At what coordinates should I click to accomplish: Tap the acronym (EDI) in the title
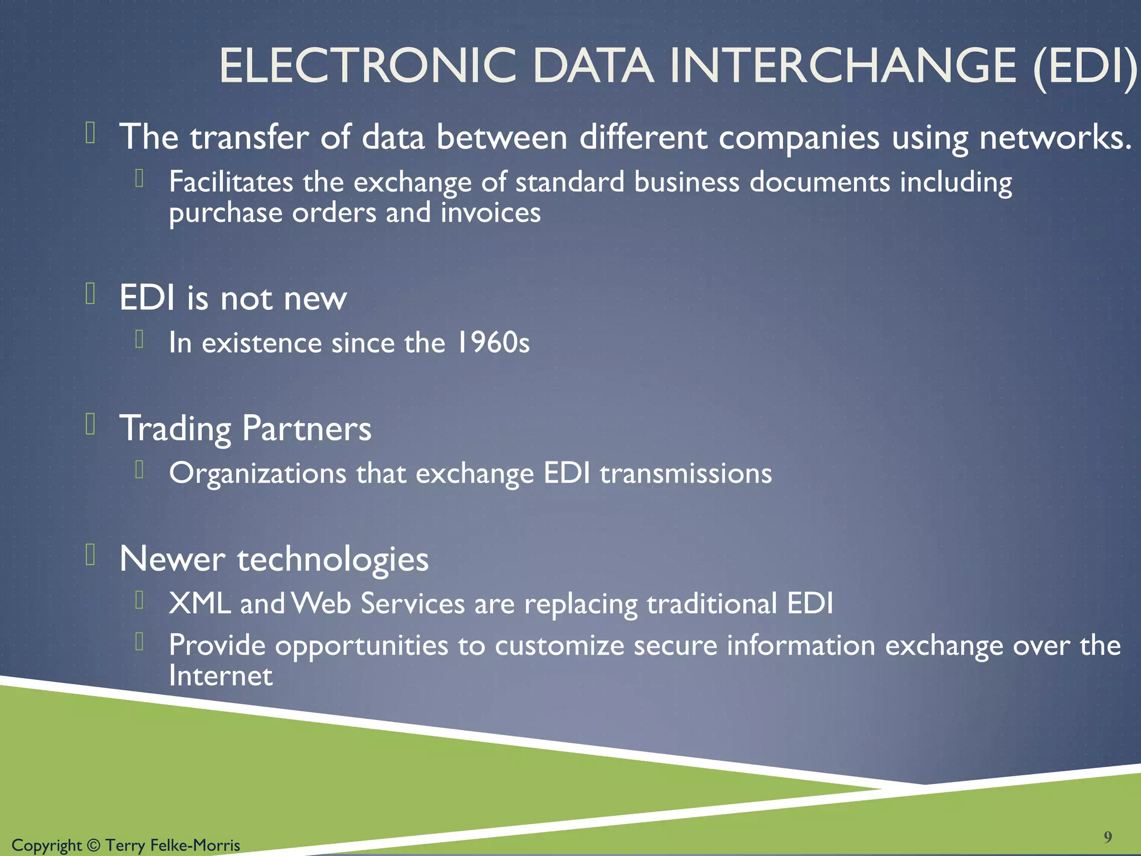[x=1085, y=67]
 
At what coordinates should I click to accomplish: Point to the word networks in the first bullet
[x=1055, y=137]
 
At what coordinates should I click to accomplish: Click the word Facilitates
[x=231, y=182]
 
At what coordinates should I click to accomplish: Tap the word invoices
[x=490, y=213]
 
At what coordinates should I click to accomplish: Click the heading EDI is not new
[x=233, y=298]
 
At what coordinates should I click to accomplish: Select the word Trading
[x=175, y=429]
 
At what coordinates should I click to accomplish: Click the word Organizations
[x=257, y=474]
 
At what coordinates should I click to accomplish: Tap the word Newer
[x=172, y=559]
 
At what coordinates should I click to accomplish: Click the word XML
[x=199, y=604]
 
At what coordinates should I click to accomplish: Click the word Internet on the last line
[x=221, y=676]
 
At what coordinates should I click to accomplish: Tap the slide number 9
[x=1108, y=836]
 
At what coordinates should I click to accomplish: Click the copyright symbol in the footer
[x=94, y=845]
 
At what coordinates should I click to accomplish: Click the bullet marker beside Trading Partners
[x=91, y=425]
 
